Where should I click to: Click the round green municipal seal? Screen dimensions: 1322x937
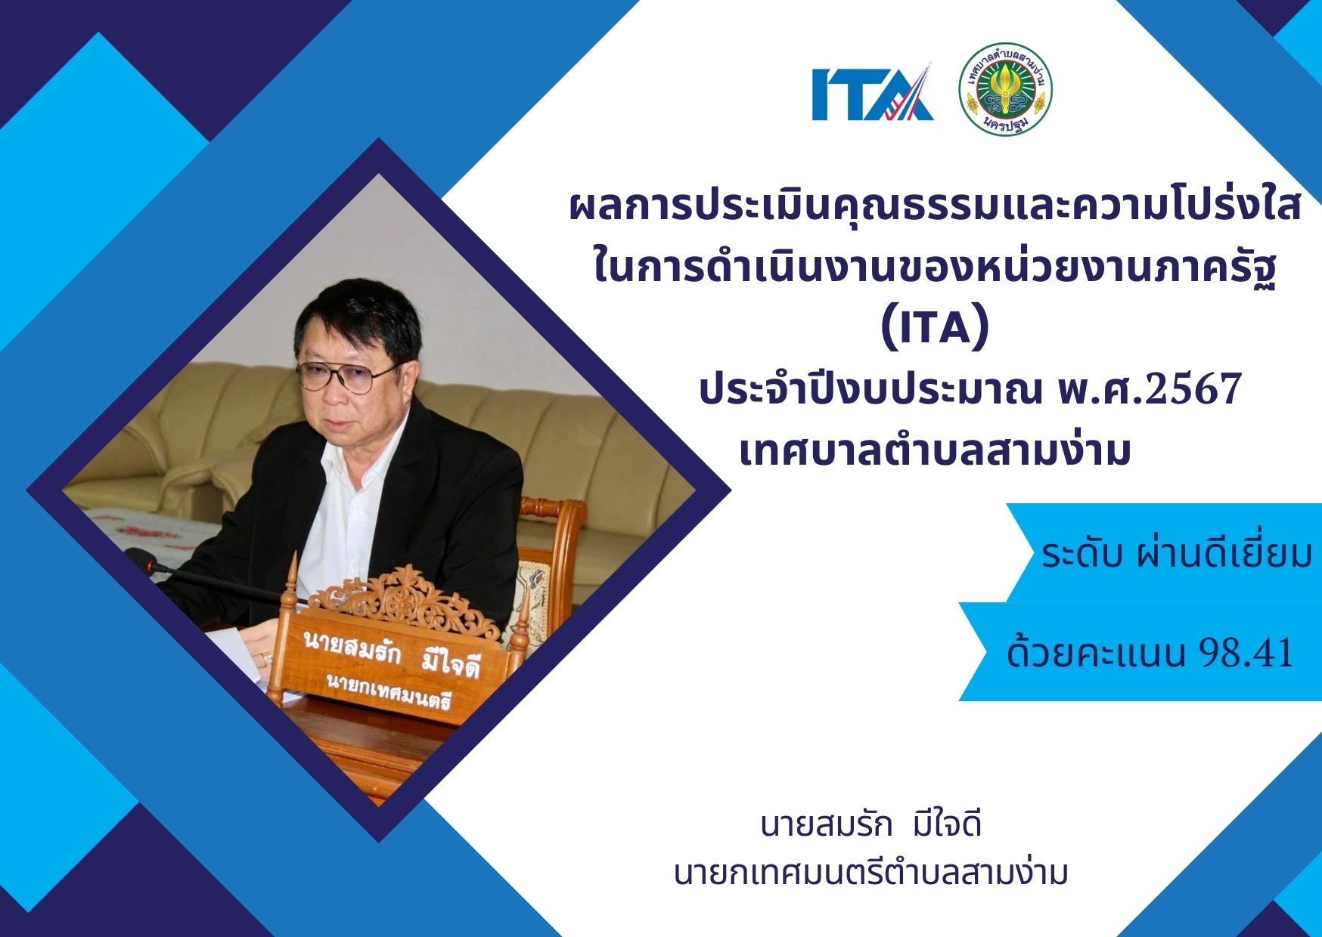pyautogui.click(x=1006, y=90)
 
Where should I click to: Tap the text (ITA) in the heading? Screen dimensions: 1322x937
pyautogui.click(x=936, y=330)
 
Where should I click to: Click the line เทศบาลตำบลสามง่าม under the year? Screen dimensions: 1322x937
pyautogui.click(x=936, y=451)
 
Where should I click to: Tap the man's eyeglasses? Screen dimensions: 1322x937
pyautogui.click(x=346, y=376)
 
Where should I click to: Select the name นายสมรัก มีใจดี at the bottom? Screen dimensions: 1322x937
pyautogui.click(x=871, y=824)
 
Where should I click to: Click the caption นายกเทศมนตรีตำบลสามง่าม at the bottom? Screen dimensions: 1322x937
pyautogui.click(x=871, y=873)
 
